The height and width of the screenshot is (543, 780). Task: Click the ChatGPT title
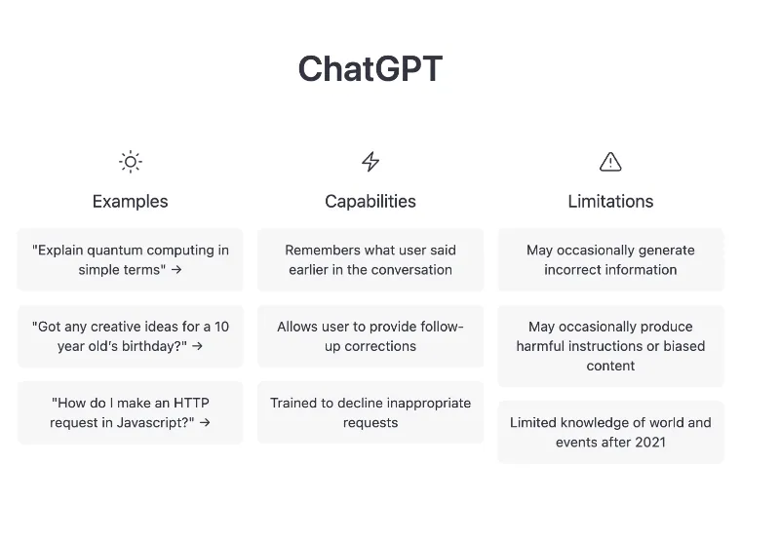370,69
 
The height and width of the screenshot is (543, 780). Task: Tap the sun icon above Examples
130,162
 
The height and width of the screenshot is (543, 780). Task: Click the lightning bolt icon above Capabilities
370,162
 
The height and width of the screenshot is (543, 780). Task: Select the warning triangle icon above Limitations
610,162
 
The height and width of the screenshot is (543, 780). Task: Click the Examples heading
130,202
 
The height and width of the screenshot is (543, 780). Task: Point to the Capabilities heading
370,202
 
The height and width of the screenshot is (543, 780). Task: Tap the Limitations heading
610,202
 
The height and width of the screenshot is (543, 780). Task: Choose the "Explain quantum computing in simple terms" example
130,259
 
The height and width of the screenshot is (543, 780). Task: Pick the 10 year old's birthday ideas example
130,336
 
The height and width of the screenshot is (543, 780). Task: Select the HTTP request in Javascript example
130,412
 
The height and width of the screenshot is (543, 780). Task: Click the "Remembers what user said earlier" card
370,259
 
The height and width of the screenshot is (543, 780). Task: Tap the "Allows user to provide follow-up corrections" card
370,336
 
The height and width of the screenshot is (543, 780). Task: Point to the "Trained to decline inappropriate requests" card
370,412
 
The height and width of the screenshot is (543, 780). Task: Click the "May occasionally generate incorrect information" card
610,259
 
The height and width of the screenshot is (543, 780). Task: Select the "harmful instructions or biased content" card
610,346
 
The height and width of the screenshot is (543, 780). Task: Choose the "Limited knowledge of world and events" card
610,432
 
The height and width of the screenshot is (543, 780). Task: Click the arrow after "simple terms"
176,270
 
